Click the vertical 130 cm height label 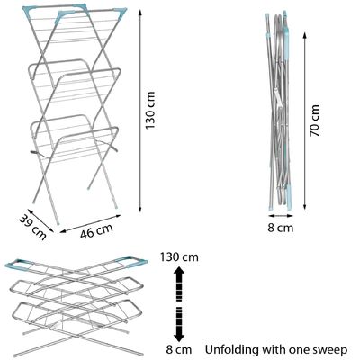(150, 110)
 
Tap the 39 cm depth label (33, 228)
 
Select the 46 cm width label (96, 231)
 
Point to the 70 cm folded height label (315, 121)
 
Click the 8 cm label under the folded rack (281, 228)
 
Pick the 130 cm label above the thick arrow (179, 257)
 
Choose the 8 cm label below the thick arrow (179, 349)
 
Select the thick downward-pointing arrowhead (179, 336)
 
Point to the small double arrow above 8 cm (281, 215)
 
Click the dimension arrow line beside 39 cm (41, 220)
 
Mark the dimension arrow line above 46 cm (90, 223)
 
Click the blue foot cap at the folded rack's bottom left (271, 207)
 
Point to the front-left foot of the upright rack (58, 223)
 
